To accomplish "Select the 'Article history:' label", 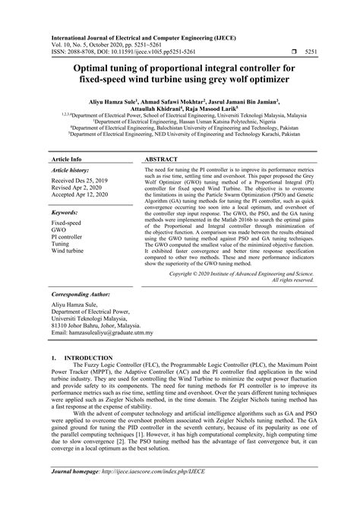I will [71, 172].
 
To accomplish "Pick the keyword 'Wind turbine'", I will [68, 251].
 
